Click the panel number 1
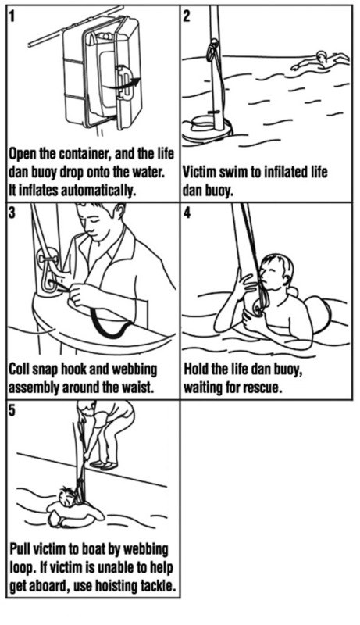pos(12,16)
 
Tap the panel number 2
pos(187,16)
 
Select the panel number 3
pos(12,213)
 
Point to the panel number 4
pos(187,213)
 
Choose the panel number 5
pos(12,411)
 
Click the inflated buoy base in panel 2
pos(208,130)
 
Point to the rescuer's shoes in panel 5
pos(104,465)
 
